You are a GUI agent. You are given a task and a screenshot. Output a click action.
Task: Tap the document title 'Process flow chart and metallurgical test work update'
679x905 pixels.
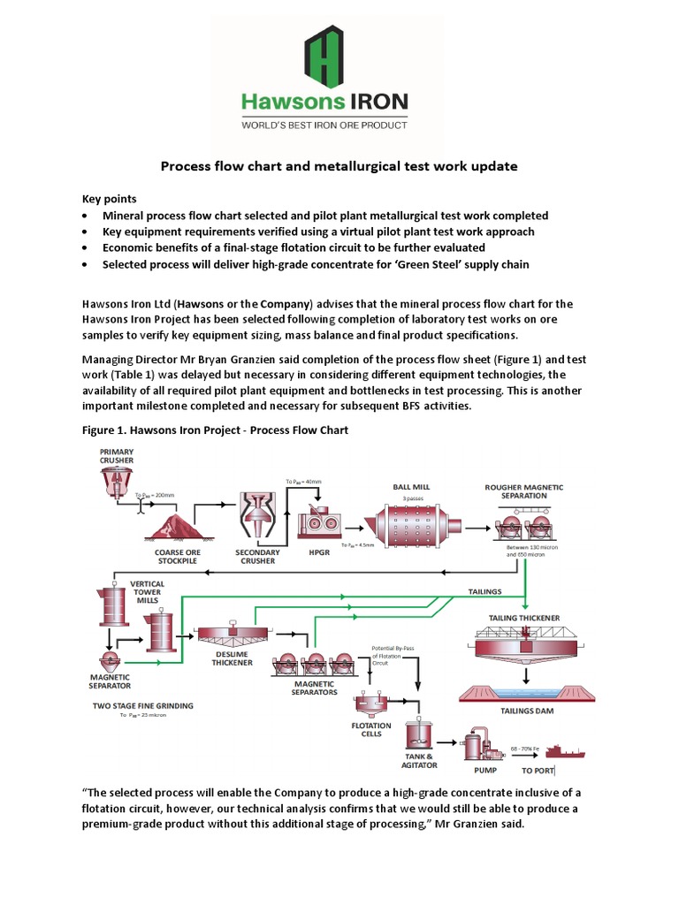click(x=339, y=166)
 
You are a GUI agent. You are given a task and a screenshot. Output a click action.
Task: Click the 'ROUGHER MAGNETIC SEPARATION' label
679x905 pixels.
click(x=523, y=491)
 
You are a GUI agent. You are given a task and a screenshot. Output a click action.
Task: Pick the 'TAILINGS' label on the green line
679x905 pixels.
click(x=484, y=591)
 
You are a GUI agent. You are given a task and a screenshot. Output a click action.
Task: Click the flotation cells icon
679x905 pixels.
click(x=369, y=705)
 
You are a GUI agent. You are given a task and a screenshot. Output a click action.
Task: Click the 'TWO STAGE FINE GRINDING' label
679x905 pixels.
click(x=142, y=705)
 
